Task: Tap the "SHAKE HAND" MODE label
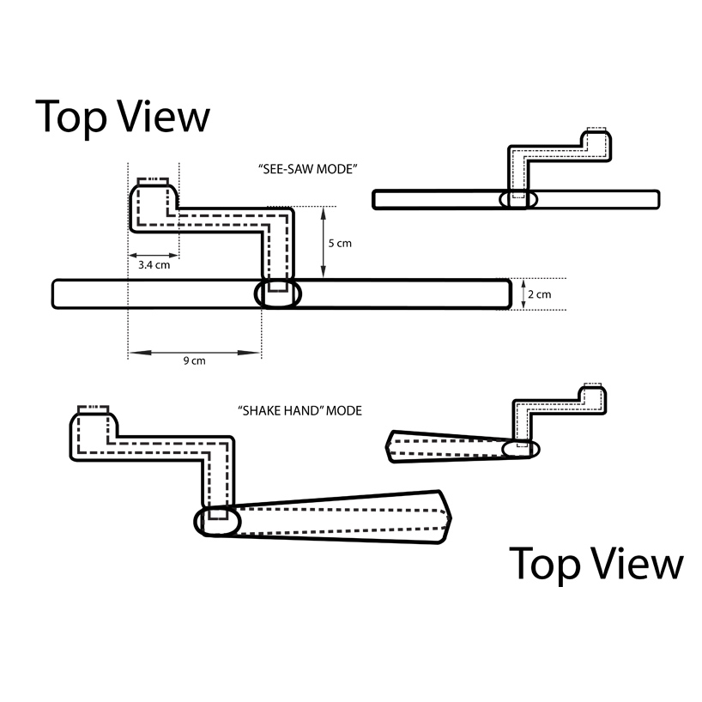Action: click(300, 410)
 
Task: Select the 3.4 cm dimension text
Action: click(153, 265)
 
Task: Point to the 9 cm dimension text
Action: click(195, 361)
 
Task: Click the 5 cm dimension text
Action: click(341, 243)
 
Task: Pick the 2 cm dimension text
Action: click(538, 294)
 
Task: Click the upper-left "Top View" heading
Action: click(122, 117)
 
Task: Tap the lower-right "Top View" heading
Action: click(596, 564)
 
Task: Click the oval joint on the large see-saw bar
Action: click(279, 294)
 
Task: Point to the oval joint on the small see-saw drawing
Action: click(518, 199)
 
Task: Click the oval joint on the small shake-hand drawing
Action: click(519, 448)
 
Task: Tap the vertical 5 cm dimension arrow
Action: click(323, 242)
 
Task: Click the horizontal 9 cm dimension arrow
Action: click(195, 351)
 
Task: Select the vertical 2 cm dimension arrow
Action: click(523, 294)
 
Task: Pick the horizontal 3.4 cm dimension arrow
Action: click(153, 255)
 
